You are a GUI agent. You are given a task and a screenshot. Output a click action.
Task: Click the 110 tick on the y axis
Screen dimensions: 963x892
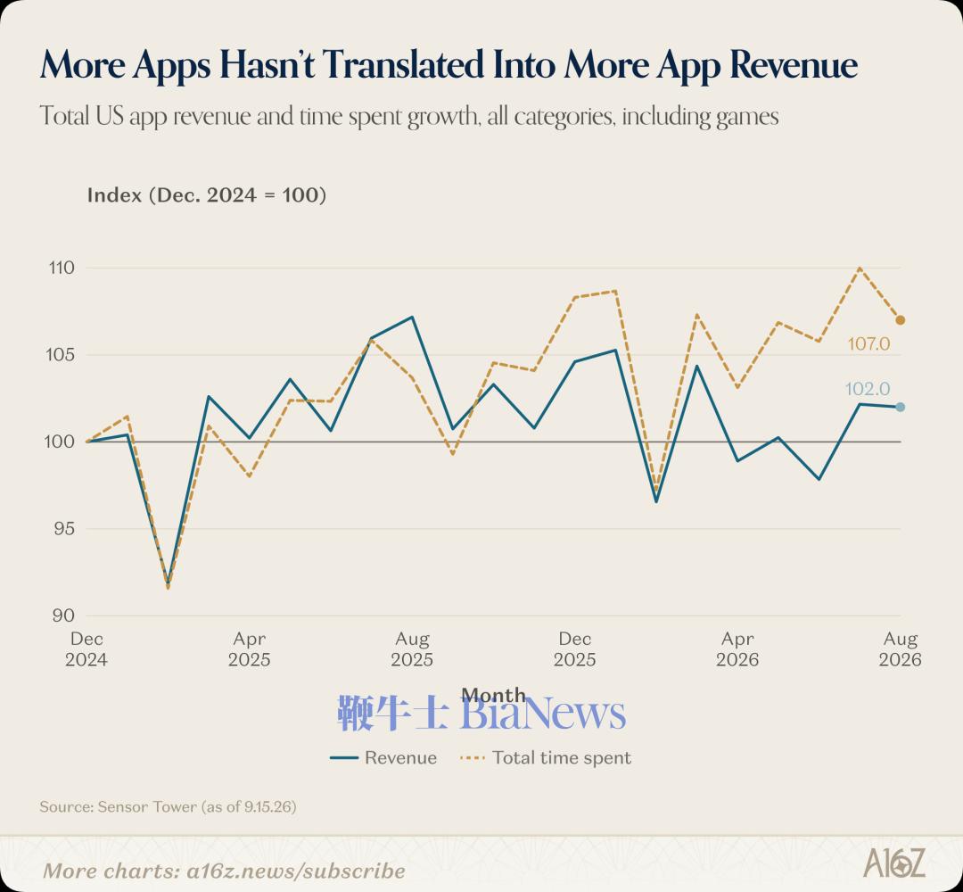pos(62,268)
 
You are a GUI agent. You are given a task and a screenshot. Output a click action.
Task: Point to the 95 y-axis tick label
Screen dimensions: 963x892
pos(63,528)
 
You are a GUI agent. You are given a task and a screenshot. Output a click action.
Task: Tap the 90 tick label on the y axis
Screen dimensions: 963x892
pos(63,615)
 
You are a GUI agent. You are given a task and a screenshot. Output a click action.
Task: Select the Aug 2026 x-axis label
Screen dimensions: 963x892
pos(900,649)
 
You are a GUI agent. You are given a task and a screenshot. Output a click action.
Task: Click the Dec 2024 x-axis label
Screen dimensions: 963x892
pos(86,649)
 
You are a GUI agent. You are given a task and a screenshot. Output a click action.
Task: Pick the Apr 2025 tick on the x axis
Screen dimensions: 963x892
pos(250,649)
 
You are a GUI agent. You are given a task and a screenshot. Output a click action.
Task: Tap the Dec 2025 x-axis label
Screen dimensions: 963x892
pos(575,649)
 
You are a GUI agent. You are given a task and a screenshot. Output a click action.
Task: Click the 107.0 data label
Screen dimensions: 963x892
pos(868,343)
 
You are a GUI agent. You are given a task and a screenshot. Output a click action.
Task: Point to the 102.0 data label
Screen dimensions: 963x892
pos(868,389)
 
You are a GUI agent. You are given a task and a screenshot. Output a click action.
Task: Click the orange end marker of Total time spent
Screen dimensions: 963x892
pos(901,320)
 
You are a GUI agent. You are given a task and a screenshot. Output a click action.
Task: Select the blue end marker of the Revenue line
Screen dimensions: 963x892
pos(901,407)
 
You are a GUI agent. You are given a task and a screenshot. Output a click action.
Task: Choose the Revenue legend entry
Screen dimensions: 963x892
pos(383,757)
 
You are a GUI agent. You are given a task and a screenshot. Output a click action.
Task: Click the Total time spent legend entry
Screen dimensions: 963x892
pos(546,757)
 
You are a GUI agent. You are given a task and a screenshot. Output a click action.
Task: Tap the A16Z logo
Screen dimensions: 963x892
pos(894,863)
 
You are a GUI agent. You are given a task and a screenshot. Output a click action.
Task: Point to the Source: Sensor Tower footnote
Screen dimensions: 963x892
pos(168,806)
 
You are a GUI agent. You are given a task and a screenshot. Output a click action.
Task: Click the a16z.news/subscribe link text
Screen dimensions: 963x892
pos(296,871)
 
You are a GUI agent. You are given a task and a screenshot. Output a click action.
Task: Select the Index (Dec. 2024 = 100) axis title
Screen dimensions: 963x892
pos(206,195)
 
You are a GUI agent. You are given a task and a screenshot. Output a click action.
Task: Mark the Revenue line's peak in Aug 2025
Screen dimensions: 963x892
pos(412,317)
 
